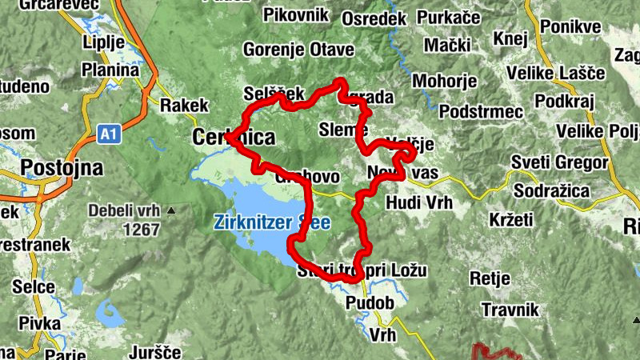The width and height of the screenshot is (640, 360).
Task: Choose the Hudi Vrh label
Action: [x=418, y=202]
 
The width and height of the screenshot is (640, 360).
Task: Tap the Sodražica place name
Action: [x=551, y=191]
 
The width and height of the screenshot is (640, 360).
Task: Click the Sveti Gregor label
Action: [x=560, y=163]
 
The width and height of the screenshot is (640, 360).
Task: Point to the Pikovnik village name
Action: [x=296, y=14]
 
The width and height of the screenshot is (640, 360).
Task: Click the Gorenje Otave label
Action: [x=298, y=50]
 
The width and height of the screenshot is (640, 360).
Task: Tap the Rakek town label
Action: [x=184, y=105]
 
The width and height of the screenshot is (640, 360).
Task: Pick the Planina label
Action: [x=110, y=70]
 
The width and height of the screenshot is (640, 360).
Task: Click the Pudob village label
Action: [x=369, y=303]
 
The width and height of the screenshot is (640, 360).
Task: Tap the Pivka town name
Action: [x=42, y=323]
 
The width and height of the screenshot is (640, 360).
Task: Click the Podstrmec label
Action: [x=481, y=111]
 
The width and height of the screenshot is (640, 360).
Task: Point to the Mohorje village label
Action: [x=444, y=81]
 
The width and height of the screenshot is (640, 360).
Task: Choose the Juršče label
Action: [x=155, y=352]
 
